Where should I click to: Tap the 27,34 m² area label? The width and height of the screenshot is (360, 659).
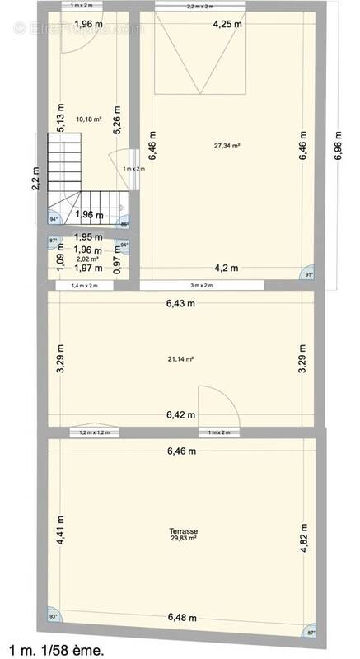tap(227, 146)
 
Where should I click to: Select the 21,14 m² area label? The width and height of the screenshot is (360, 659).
tap(180, 358)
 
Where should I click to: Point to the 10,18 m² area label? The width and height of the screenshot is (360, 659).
tap(88, 119)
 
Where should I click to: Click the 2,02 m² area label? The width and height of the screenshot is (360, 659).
tap(87, 259)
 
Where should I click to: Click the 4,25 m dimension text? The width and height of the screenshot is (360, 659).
tap(226, 24)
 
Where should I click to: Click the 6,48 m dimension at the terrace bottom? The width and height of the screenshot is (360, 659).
tap(182, 639)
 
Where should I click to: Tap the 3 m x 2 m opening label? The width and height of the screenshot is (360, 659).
tap(202, 286)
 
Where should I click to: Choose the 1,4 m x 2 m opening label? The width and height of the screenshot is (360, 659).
tap(84, 286)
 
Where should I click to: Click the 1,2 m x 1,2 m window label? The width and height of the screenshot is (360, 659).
tap(92, 432)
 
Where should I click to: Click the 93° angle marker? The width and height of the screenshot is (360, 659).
tap(54, 639)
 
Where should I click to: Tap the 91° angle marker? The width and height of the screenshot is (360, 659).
tap(310, 274)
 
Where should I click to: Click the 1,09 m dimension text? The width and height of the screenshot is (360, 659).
tap(59, 264)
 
